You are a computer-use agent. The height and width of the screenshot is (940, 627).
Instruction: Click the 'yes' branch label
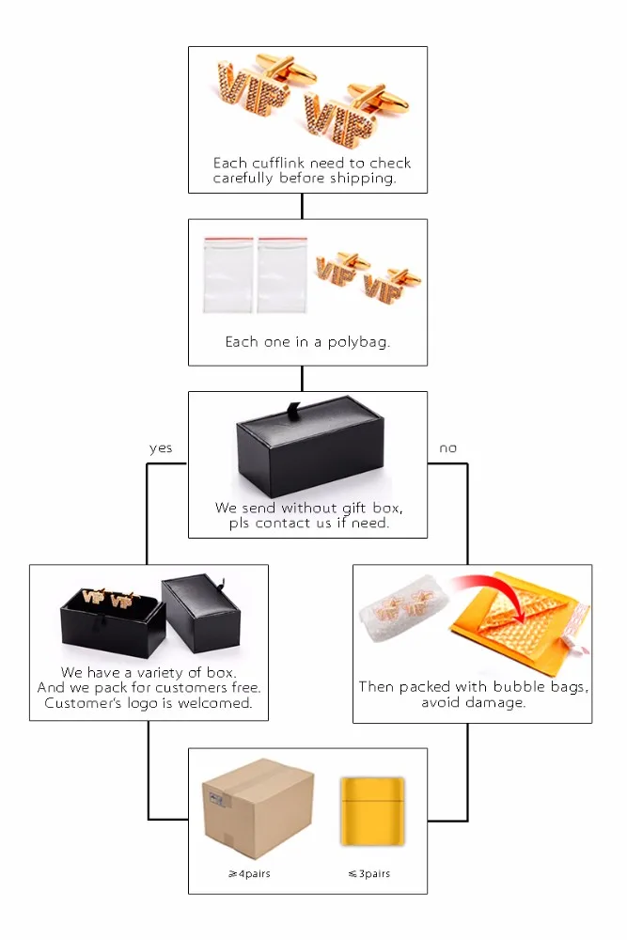coord(161,448)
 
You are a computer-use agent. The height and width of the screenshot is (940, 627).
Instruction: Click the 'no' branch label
coord(447,448)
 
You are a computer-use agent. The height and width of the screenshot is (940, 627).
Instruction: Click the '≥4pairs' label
coord(249,874)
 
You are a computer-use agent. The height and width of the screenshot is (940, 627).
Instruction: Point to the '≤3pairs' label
coord(368,874)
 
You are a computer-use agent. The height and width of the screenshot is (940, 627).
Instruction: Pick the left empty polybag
coord(228,274)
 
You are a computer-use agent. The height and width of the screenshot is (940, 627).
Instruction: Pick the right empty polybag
coord(282,274)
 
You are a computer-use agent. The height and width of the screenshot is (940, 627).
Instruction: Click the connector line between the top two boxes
coord(302,206)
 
